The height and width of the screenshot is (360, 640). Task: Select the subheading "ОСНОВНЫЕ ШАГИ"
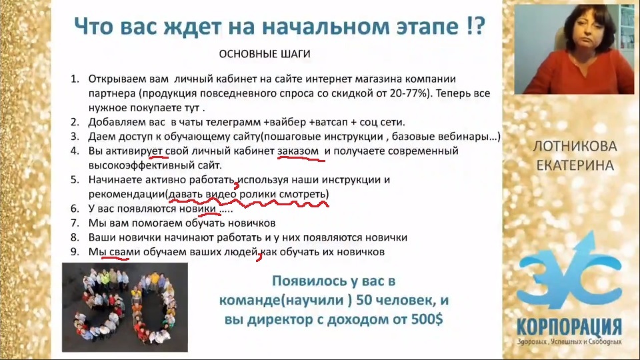pyautogui.click(x=265, y=54)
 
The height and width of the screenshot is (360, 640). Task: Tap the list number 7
pyautogui.click(x=75, y=223)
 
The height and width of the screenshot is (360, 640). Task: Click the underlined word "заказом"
pyautogui.click(x=298, y=151)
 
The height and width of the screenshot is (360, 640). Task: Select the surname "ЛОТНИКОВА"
pyautogui.click(x=575, y=146)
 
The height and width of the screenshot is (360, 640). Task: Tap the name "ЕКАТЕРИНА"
pyautogui.click(x=575, y=165)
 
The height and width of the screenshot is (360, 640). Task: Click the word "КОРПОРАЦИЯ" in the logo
pyautogui.click(x=569, y=327)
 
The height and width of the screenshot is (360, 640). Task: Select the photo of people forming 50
pyautogui.click(x=125, y=307)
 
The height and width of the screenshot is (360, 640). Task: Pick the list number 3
pyautogui.click(x=75, y=136)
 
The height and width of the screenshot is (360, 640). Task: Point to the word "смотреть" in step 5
pyautogui.click(x=302, y=194)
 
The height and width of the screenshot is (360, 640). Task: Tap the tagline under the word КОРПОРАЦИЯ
pyautogui.click(x=569, y=341)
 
